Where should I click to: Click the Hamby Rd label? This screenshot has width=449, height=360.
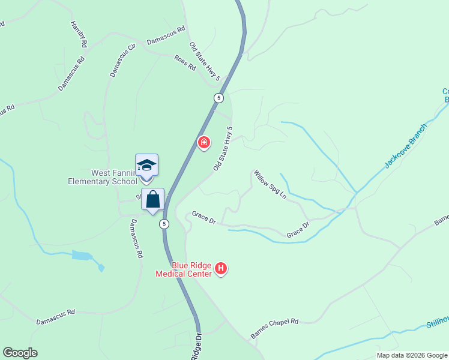point(79,34)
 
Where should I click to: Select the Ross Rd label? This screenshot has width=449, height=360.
point(185,62)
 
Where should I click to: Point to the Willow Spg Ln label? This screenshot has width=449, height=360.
point(270,185)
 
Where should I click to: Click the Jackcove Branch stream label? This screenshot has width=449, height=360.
point(406,146)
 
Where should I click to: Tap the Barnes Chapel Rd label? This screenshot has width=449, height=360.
point(274,329)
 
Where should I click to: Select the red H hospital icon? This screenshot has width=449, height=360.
point(221,268)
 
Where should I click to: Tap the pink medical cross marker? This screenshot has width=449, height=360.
point(204,142)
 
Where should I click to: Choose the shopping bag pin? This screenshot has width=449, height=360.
point(153,199)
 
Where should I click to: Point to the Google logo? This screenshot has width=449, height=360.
point(20,353)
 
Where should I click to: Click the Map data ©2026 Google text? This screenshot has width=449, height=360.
point(412,355)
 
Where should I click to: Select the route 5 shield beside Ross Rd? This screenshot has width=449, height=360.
point(218,97)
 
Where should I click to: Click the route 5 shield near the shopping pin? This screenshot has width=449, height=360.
point(164,224)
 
